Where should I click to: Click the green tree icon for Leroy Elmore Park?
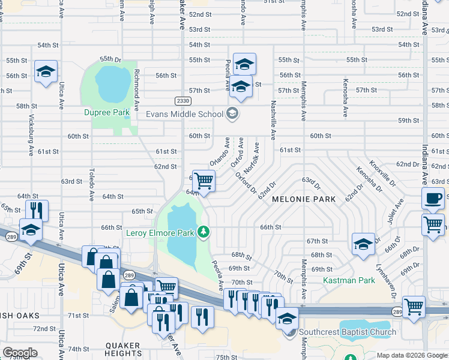204,232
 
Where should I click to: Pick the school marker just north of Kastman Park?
363,244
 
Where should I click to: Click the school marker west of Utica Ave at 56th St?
46,72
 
